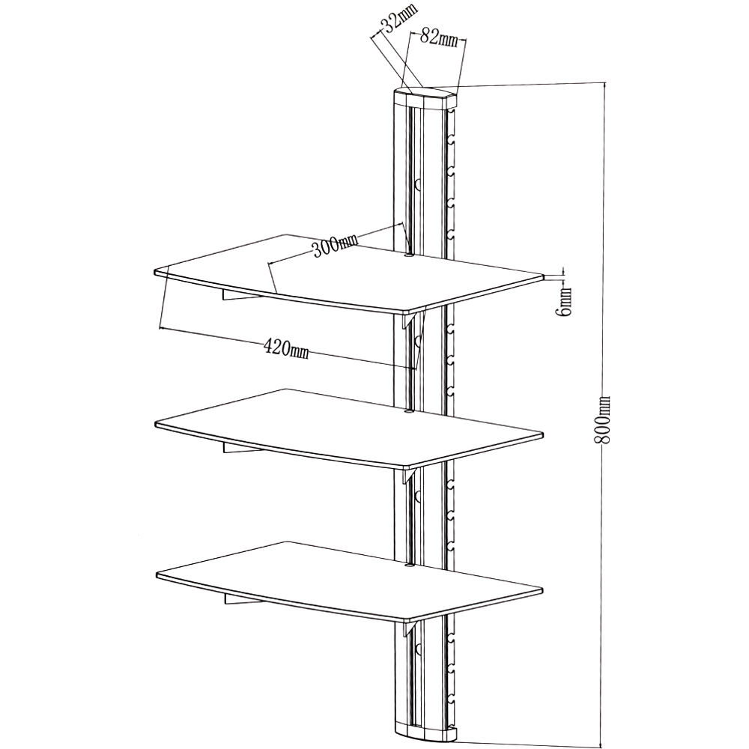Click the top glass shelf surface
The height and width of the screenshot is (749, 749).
coord(349,273)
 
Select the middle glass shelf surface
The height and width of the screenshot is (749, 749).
coord(349,428)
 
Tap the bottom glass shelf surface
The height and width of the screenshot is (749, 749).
coord(349,581)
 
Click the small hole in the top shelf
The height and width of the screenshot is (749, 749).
coord(408,256)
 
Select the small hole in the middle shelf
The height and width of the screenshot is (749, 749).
coord(408,410)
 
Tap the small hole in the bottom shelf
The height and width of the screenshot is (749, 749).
coord(408,565)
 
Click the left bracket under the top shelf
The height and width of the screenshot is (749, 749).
coord(239,295)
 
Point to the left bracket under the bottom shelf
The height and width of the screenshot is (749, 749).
coord(243,599)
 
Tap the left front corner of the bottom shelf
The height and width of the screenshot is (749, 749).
coord(157,574)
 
